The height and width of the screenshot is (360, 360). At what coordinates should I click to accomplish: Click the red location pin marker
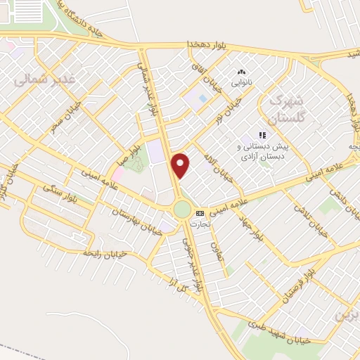click(x=181, y=165)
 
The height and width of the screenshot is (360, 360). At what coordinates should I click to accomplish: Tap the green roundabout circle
click(x=182, y=210)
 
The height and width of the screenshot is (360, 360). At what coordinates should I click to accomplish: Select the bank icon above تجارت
click(x=200, y=212)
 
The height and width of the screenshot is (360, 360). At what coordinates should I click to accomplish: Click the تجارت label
click(x=200, y=221)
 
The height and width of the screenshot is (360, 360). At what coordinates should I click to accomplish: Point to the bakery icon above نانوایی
click(x=242, y=72)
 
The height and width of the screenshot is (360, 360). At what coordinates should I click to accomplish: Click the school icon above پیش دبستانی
click(x=262, y=134)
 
